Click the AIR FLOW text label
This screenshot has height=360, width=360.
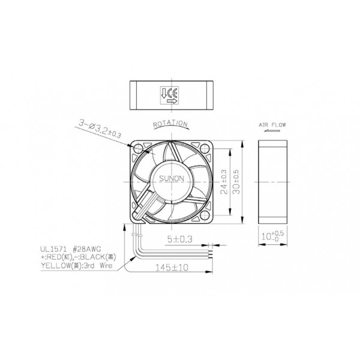point(272,126)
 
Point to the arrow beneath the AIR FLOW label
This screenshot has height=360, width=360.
point(272,134)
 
